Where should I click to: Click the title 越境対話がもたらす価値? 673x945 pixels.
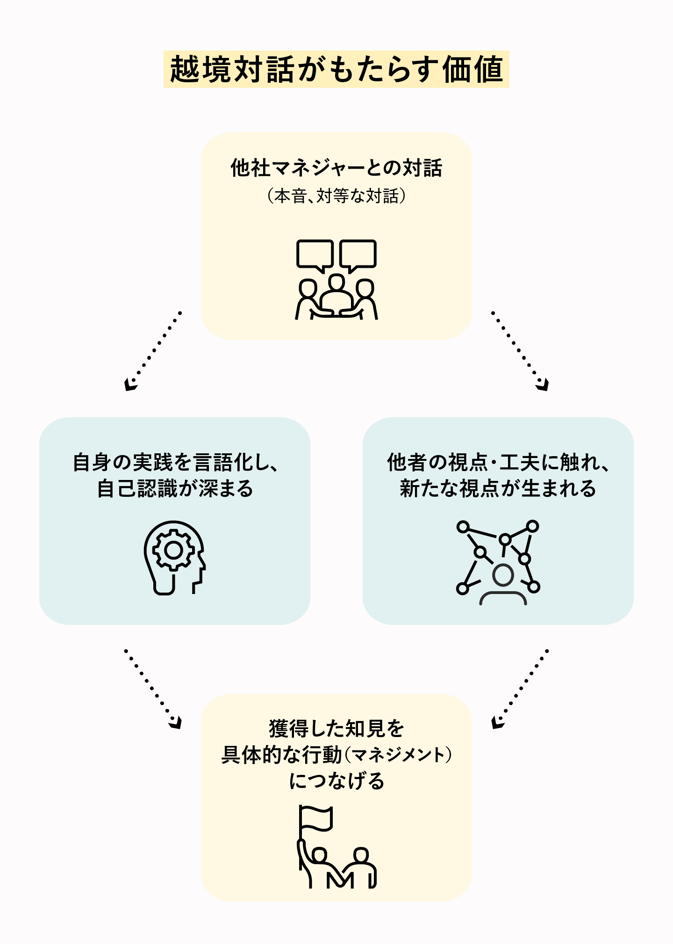pos(336,69)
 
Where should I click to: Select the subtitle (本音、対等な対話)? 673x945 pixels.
pos(336,196)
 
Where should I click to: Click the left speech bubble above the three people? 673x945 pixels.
pos(315,254)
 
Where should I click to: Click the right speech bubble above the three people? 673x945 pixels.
pos(358,254)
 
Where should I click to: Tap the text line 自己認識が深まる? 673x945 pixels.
pos(175,489)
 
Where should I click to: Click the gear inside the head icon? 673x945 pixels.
pos(173,550)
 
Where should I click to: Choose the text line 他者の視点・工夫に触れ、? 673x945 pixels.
pos(498,463)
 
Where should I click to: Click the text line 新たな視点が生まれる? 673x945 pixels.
pos(498,489)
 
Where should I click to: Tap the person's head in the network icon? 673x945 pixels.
pos(503,575)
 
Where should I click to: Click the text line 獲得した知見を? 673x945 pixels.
pos(336,729)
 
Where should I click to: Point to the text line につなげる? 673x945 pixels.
pos(336,781)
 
